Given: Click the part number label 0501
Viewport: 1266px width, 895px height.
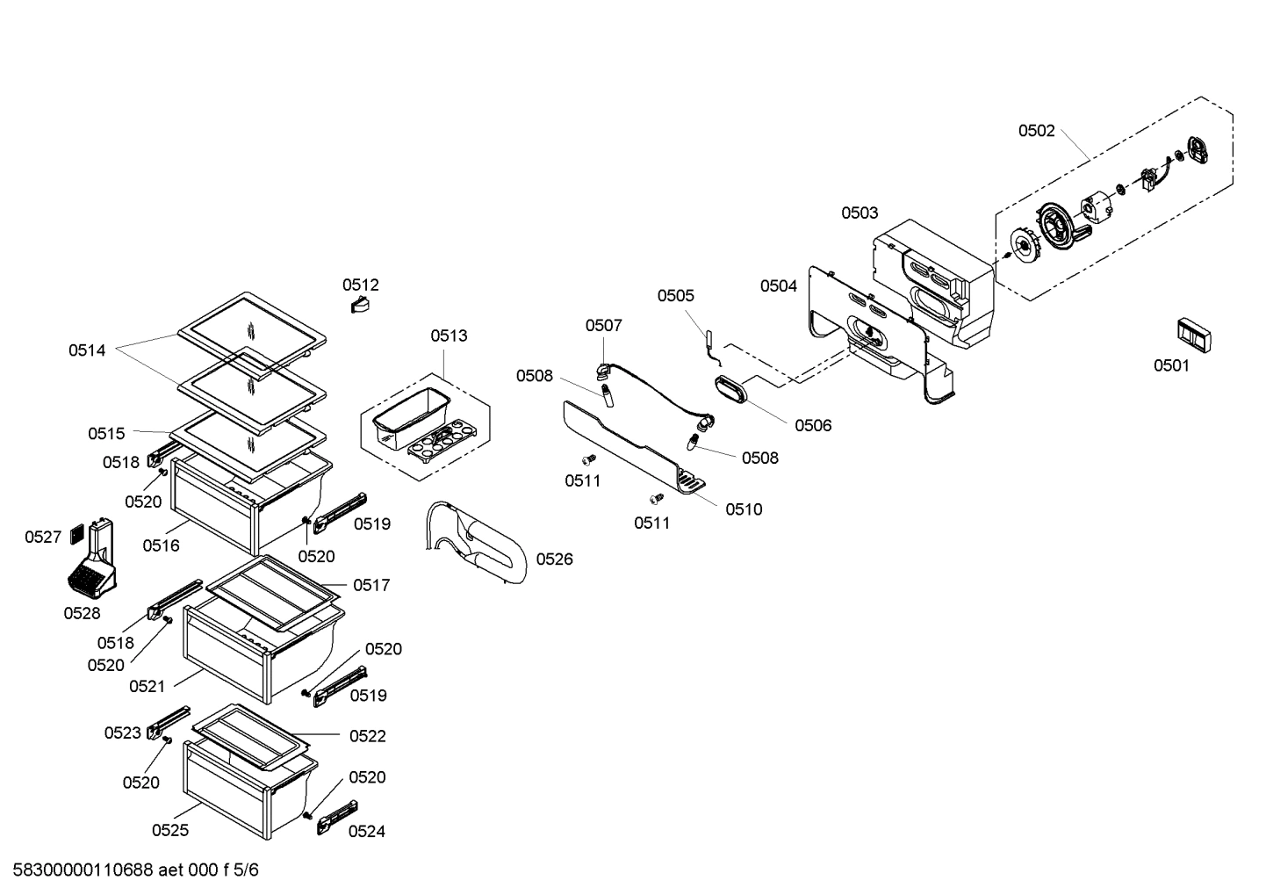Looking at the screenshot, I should tap(1171, 365).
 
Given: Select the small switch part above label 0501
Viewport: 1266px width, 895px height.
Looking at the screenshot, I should tap(1193, 335).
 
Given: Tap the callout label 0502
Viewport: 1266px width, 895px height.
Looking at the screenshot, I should tap(1036, 131).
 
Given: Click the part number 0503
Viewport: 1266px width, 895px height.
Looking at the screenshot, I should tap(859, 213).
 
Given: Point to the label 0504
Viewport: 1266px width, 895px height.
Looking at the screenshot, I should tap(778, 285).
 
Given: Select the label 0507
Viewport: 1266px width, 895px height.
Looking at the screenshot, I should tap(603, 325).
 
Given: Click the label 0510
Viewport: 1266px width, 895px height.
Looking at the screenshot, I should tap(744, 509).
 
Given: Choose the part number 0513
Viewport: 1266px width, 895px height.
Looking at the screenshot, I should tap(449, 336).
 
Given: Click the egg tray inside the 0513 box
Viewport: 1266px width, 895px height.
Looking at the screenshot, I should tap(442, 438).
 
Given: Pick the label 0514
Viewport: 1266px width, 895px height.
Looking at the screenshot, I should tap(87, 350).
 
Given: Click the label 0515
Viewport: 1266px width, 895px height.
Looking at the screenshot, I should tap(106, 433).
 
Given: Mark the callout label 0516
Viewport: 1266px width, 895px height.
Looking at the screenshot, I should tap(161, 545).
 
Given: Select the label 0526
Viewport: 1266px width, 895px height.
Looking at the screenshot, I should tap(554, 559).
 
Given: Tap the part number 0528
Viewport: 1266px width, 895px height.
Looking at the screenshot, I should tap(82, 613).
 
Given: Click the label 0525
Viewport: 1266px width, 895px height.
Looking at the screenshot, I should tap(169, 830).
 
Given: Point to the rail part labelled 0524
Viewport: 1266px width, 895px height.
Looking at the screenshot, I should tap(337, 815).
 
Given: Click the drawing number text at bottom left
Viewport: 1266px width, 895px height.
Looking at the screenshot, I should tap(130, 870).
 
